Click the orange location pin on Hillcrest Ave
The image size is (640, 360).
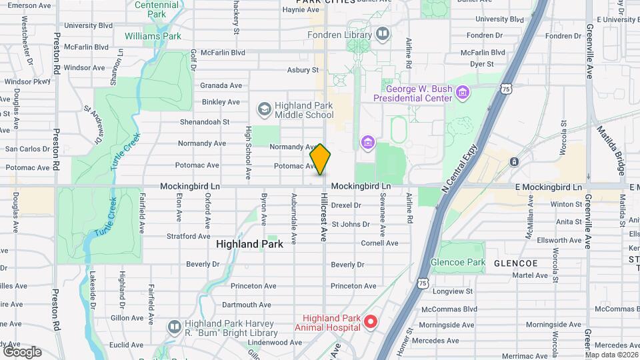tap(320, 159)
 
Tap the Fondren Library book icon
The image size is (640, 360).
tap(382, 33)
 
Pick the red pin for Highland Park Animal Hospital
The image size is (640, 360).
tap(371, 323)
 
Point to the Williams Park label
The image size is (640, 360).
tap(153, 36)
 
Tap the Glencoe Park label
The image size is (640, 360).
tap(458, 263)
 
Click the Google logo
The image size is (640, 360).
tap(22, 351)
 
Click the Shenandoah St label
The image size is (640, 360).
tap(205, 122)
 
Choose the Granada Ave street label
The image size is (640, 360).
tap(221, 85)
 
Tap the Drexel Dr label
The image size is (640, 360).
tap(346, 205)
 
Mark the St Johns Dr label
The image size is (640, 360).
tap(351, 224)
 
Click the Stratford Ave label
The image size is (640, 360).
tap(189, 236)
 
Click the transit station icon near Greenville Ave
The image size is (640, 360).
tap(514, 162)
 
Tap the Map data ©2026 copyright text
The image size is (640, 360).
tap(609, 354)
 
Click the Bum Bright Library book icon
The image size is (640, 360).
tap(174, 327)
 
